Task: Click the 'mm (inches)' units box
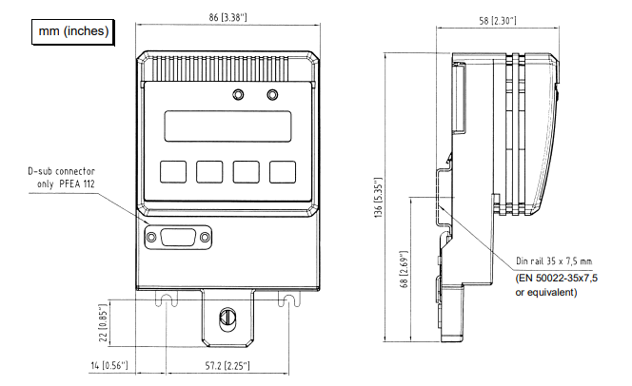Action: [73, 31]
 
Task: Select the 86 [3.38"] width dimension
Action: [227, 17]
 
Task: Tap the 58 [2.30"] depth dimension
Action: [498, 21]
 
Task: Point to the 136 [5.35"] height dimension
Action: [379, 197]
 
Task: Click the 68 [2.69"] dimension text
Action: [404, 269]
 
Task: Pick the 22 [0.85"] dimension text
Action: [104, 323]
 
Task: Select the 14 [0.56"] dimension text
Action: [109, 365]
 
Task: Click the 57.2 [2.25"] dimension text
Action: [227, 366]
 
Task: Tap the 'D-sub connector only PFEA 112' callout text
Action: [61, 178]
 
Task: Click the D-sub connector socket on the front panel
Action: [178, 237]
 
